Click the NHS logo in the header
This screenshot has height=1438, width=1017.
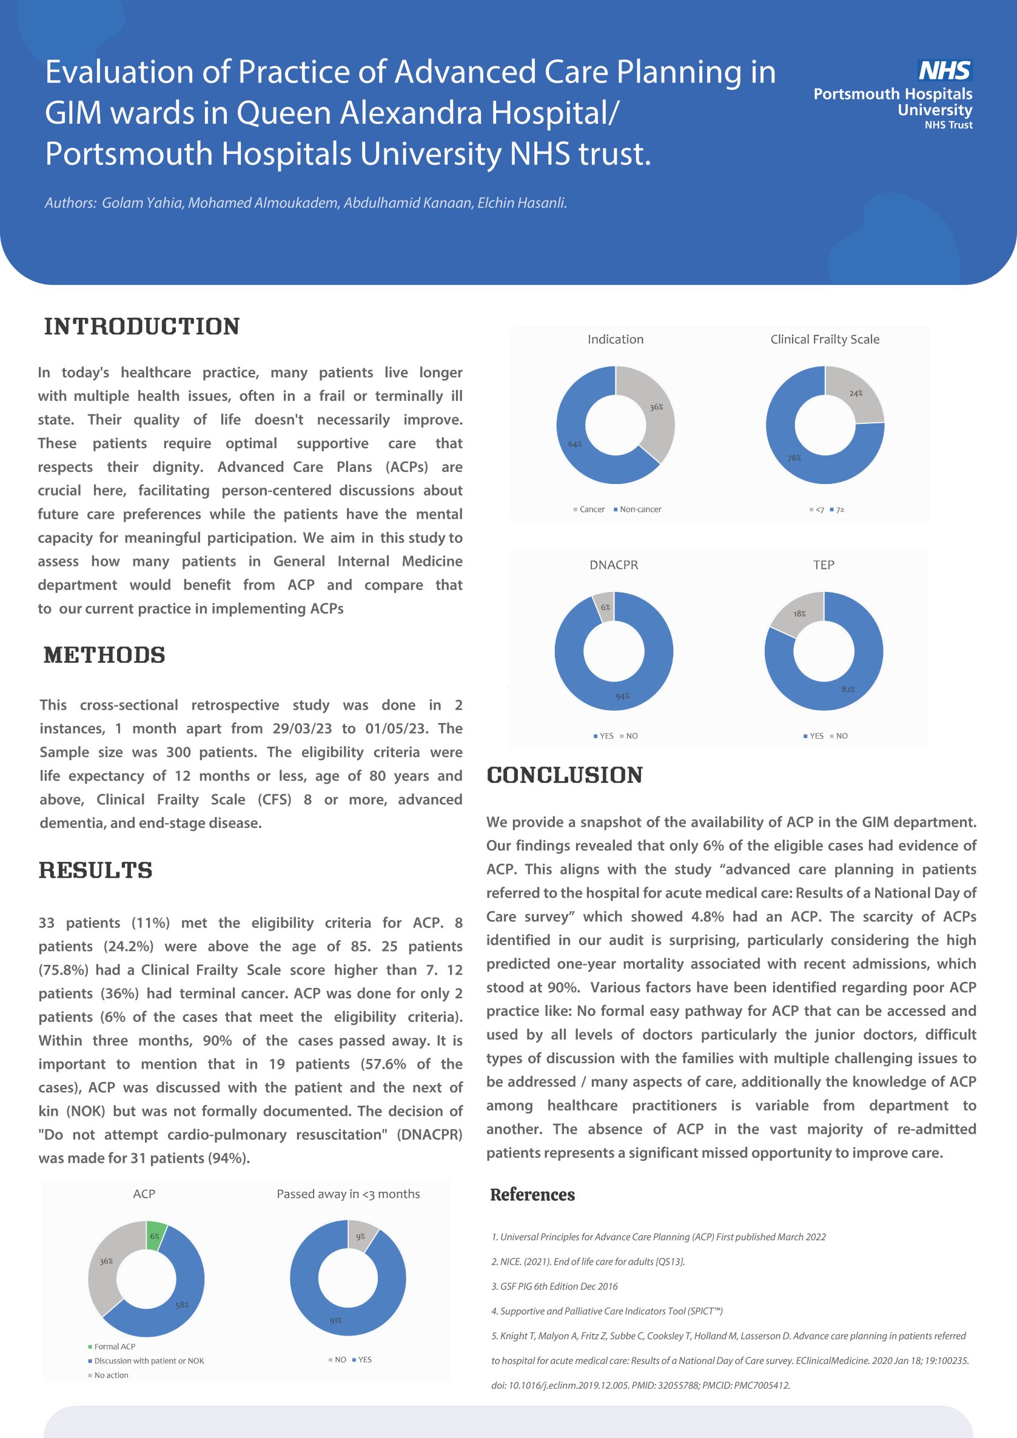944,70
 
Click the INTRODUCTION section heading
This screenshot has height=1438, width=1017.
142,326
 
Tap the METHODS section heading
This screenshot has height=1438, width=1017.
104,655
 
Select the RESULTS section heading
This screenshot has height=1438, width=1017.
96,870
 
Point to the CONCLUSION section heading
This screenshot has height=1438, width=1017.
565,774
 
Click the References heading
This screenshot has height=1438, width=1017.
532,1195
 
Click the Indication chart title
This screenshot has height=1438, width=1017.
615,340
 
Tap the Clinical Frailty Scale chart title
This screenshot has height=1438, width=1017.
825,340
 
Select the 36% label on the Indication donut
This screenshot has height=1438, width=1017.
656,407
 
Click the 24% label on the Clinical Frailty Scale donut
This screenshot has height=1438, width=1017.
856,394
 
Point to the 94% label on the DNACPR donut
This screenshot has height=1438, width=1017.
622,696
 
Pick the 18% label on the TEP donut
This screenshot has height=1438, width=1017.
799,614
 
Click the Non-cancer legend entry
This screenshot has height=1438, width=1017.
640,509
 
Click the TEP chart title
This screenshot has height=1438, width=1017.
824,565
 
